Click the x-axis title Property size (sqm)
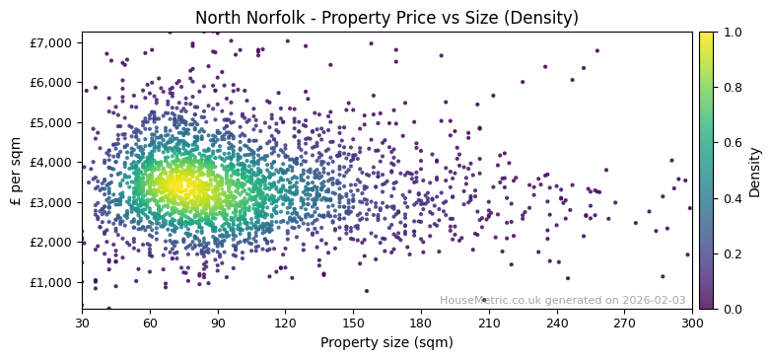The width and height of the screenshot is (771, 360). click(386, 343)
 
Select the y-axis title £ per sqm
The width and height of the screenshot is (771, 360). click(17, 170)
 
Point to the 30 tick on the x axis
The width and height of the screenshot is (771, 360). click(82, 323)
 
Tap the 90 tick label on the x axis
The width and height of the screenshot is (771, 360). click(218, 323)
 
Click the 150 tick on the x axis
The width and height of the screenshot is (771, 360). click(353, 323)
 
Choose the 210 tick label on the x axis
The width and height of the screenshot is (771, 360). click(489, 323)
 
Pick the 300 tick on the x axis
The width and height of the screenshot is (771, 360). click(692, 323)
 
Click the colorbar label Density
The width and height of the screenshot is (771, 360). click(755, 170)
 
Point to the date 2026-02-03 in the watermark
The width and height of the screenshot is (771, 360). click(654, 301)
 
